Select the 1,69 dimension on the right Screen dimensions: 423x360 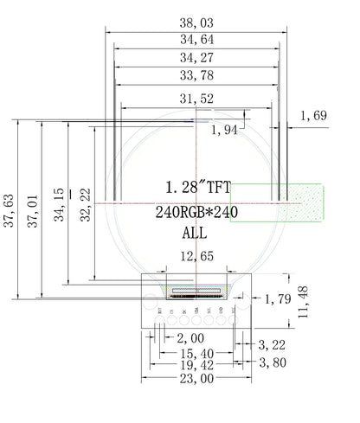(x=313, y=115)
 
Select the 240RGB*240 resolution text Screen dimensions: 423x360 (x=196, y=211)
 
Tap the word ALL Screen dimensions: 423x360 (x=195, y=233)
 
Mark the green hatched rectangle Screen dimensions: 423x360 (x=277, y=203)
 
